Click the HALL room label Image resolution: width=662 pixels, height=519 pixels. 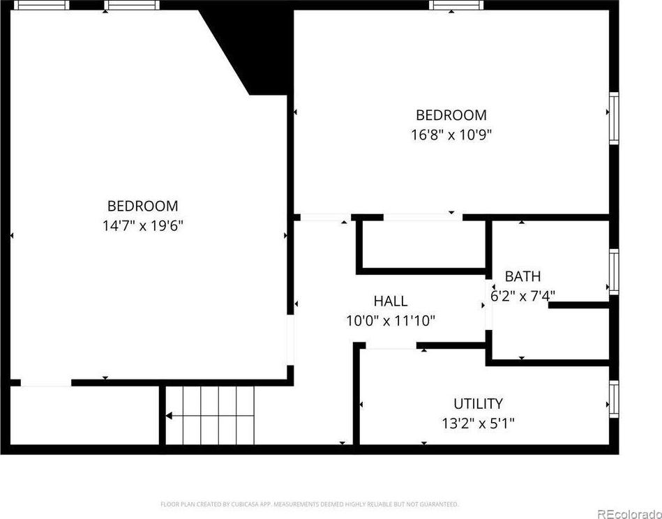(x=391, y=301)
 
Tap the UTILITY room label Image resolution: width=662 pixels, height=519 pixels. (x=478, y=404)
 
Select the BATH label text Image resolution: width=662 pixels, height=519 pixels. (x=522, y=276)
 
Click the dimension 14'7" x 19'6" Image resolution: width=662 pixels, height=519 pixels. (x=143, y=225)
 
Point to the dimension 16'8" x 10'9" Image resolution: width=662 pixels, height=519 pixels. (x=451, y=135)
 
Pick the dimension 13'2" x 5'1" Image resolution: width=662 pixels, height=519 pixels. (x=478, y=423)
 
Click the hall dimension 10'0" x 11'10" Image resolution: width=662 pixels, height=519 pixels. (x=391, y=321)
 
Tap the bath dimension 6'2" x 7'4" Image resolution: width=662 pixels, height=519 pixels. (x=522, y=296)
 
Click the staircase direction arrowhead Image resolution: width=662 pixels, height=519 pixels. (x=168, y=416)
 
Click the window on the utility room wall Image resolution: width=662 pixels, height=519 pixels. (x=614, y=399)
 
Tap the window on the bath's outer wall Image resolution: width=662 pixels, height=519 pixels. (x=614, y=272)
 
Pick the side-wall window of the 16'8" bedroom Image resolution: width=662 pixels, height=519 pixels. (x=614, y=119)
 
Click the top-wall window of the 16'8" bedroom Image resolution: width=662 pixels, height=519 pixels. (x=456, y=5)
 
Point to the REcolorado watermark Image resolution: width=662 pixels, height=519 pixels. (x=630, y=513)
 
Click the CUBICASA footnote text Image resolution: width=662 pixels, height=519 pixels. (x=310, y=504)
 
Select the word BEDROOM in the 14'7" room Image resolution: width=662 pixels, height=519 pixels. (x=143, y=206)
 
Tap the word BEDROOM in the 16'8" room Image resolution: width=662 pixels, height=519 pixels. (x=451, y=115)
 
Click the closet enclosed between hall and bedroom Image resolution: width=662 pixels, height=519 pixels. (x=423, y=244)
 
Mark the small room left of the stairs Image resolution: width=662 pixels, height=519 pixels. (x=84, y=414)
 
